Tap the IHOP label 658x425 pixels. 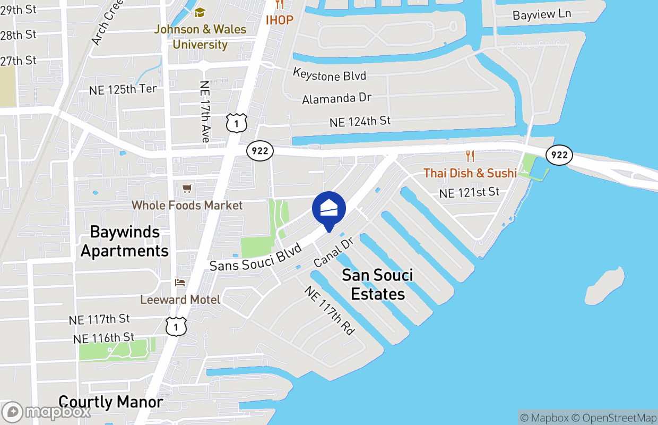tap(279, 20)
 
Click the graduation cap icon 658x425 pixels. tap(200, 12)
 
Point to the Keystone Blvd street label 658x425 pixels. tap(330, 74)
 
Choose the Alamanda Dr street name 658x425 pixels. tap(336, 98)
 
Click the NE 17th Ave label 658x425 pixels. tap(205, 112)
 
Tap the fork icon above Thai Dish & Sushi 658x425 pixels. tap(470, 156)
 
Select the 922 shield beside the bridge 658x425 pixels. tap(559, 155)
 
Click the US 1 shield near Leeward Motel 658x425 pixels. tap(176, 326)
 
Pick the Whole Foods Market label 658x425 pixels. tap(187, 205)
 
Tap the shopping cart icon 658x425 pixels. tap(187, 189)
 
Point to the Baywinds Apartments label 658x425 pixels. tap(125, 241)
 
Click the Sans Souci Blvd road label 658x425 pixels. tap(256, 257)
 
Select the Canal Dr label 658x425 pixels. tap(333, 252)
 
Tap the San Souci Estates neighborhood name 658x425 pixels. tap(377, 284)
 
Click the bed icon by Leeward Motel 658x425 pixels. tap(180, 282)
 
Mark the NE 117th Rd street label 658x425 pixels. tap(329, 310)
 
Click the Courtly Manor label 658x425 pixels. tap(110, 402)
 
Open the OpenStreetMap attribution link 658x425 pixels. tap(619, 418)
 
